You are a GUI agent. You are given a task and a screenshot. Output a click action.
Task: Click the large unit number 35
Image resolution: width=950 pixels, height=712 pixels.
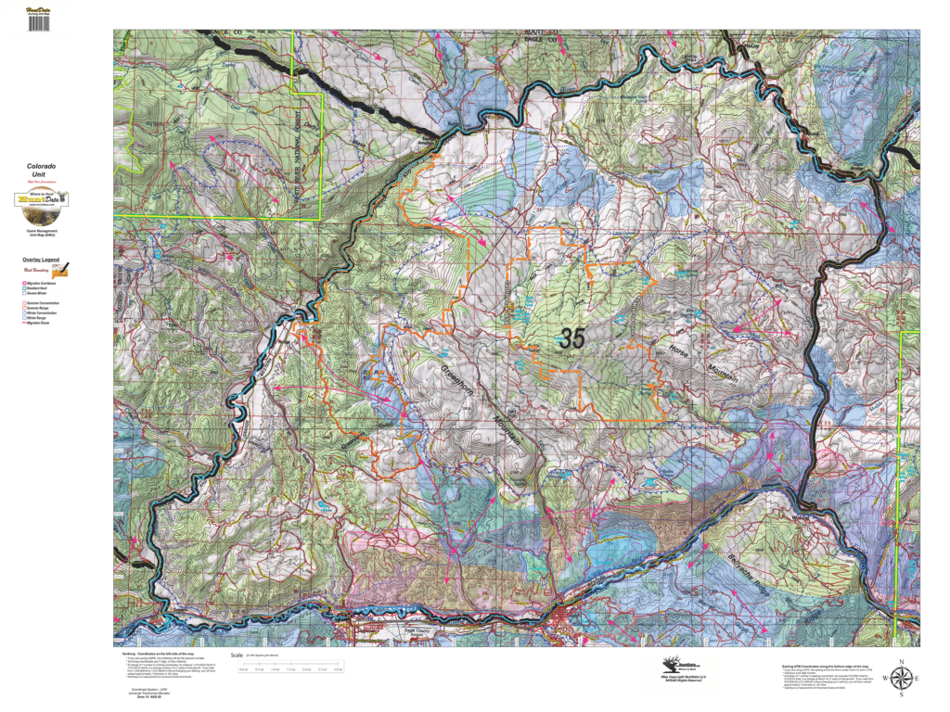[x=572, y=338]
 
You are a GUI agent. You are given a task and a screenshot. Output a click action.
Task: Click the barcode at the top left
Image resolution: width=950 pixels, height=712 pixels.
[x=38, y=22]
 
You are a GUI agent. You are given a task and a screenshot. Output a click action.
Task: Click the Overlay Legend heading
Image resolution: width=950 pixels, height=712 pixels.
[x=41, y=260]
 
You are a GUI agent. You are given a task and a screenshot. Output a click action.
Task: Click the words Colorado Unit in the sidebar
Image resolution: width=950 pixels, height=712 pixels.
[x=41, y=171]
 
